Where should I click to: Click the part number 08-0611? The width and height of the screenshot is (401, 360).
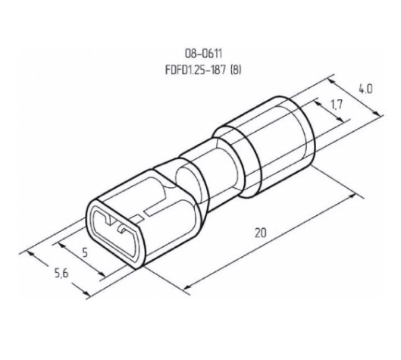click(x=204, y=54)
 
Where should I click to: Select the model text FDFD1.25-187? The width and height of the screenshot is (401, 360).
click(x=196, y=70)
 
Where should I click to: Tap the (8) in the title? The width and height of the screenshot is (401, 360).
click(x=236, y=70)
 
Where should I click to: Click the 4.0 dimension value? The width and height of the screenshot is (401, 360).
click(x=365, y=89)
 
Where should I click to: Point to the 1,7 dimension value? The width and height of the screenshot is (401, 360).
click(x=337, y=105)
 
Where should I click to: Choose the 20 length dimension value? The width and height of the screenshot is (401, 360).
click(x=261, y=233)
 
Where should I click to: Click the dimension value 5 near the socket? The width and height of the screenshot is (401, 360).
click(x=85, y=252)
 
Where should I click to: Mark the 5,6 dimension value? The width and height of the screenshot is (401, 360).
click(x=61, y=274)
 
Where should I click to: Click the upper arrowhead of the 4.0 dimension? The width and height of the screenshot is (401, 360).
click(x=331, y=82)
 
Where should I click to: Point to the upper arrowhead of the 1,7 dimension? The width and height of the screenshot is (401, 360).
click(x=318, y=103)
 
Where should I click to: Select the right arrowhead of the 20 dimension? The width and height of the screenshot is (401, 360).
click(x=352, y=196)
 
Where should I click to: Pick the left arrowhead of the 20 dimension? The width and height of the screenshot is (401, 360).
click(x=187, y=286)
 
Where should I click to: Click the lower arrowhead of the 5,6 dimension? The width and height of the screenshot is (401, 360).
click(x=86, y=293)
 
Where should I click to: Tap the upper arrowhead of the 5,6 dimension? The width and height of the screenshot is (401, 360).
click(x=30, y=255)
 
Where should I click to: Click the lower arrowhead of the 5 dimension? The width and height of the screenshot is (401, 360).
click(x=102, y=274)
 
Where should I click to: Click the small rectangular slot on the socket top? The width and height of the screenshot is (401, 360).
click(x=137, y=219)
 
